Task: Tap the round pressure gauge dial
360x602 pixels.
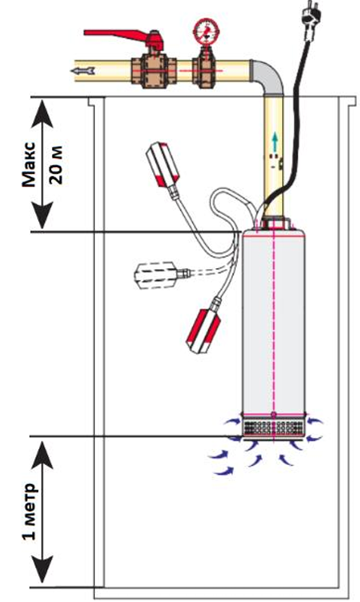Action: (x=207, y=30)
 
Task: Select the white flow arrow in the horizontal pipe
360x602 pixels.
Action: (x=82, y=70)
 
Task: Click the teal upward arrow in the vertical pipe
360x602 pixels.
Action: (x=274, y=142)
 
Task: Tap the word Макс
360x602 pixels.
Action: (x=28, y=164)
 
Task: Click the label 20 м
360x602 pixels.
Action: (x=57, y=164)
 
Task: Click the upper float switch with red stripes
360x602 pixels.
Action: (x=162, y=164)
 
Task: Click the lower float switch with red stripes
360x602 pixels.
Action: (x=204, y=331)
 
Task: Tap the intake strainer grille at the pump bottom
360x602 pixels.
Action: (x=273, y=427)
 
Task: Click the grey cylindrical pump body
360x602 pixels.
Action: (x=273, y=322)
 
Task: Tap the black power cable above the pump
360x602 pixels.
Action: (x=297, y=115)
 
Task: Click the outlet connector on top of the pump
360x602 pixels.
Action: (x=273, y=224)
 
